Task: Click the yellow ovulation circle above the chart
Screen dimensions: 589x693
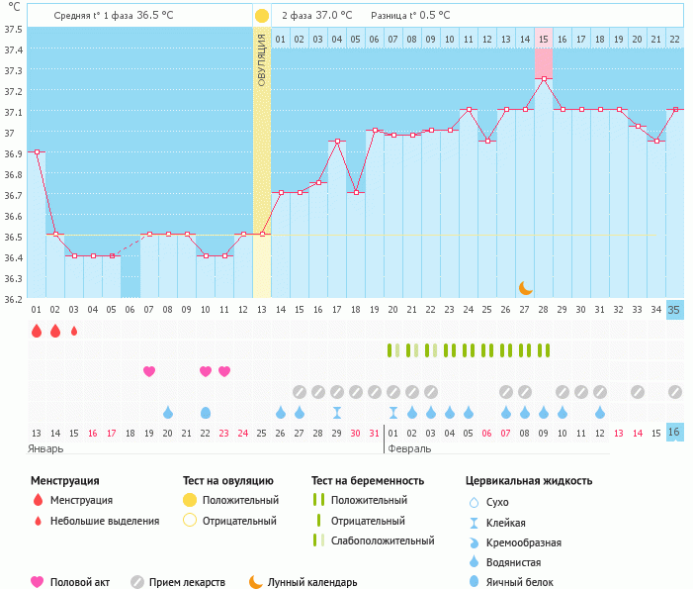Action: (x=261, y=16)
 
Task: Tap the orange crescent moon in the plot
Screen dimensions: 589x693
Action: (x=526, y=287)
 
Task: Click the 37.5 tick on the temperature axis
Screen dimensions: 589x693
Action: (x=13, y=29)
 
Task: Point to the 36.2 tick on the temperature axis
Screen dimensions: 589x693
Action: (x=13, y=299)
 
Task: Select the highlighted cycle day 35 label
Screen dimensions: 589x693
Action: (x=674, y=310)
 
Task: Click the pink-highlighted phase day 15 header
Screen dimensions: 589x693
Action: (x=544, y=39)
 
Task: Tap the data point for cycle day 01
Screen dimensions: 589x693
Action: (x=37, y=151)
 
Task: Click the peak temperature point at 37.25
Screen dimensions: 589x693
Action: (x=544, y=78)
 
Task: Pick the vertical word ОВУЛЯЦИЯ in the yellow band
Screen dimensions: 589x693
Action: (x=262, y=59)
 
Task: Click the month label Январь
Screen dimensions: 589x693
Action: (x=46, y=448)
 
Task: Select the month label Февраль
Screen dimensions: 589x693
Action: (x=409, y=448)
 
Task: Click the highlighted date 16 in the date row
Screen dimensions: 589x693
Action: (x=674, y=433)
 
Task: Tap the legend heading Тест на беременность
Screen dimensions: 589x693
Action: (x=368, y=481)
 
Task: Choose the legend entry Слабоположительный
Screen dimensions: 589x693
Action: (x=384, y=540)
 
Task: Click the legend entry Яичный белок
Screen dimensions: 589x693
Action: (x=525, y=582)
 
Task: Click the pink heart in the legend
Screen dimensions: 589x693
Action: (x=38, y=582)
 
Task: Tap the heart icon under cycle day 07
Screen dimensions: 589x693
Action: (x=149, y=371)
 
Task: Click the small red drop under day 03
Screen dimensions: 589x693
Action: (x=74, y=331)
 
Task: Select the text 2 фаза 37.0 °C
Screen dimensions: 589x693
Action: (x=317, y=16)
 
